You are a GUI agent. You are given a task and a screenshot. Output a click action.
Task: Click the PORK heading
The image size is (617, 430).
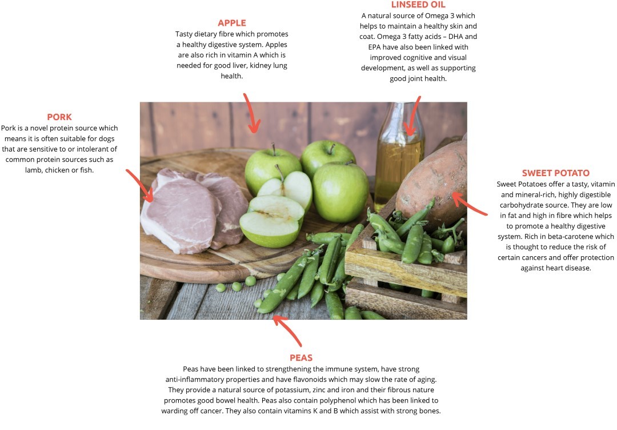(59, 117)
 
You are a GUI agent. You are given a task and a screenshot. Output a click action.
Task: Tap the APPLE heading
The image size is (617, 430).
(232, 23)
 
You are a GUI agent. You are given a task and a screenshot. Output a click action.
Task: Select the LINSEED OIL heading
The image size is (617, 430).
(418, 5)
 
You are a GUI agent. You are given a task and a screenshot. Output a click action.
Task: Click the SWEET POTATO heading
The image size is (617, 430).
(556, 173)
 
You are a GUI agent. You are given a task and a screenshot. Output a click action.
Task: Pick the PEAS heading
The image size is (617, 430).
(301, 357)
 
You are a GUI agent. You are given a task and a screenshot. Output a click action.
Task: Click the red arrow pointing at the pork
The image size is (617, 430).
(140, 185)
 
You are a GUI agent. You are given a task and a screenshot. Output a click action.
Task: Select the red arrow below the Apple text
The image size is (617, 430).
(251, 113)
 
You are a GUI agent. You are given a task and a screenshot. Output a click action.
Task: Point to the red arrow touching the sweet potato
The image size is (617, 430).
(468, 204)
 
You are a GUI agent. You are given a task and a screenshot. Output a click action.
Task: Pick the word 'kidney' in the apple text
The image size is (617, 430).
(260, 65)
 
